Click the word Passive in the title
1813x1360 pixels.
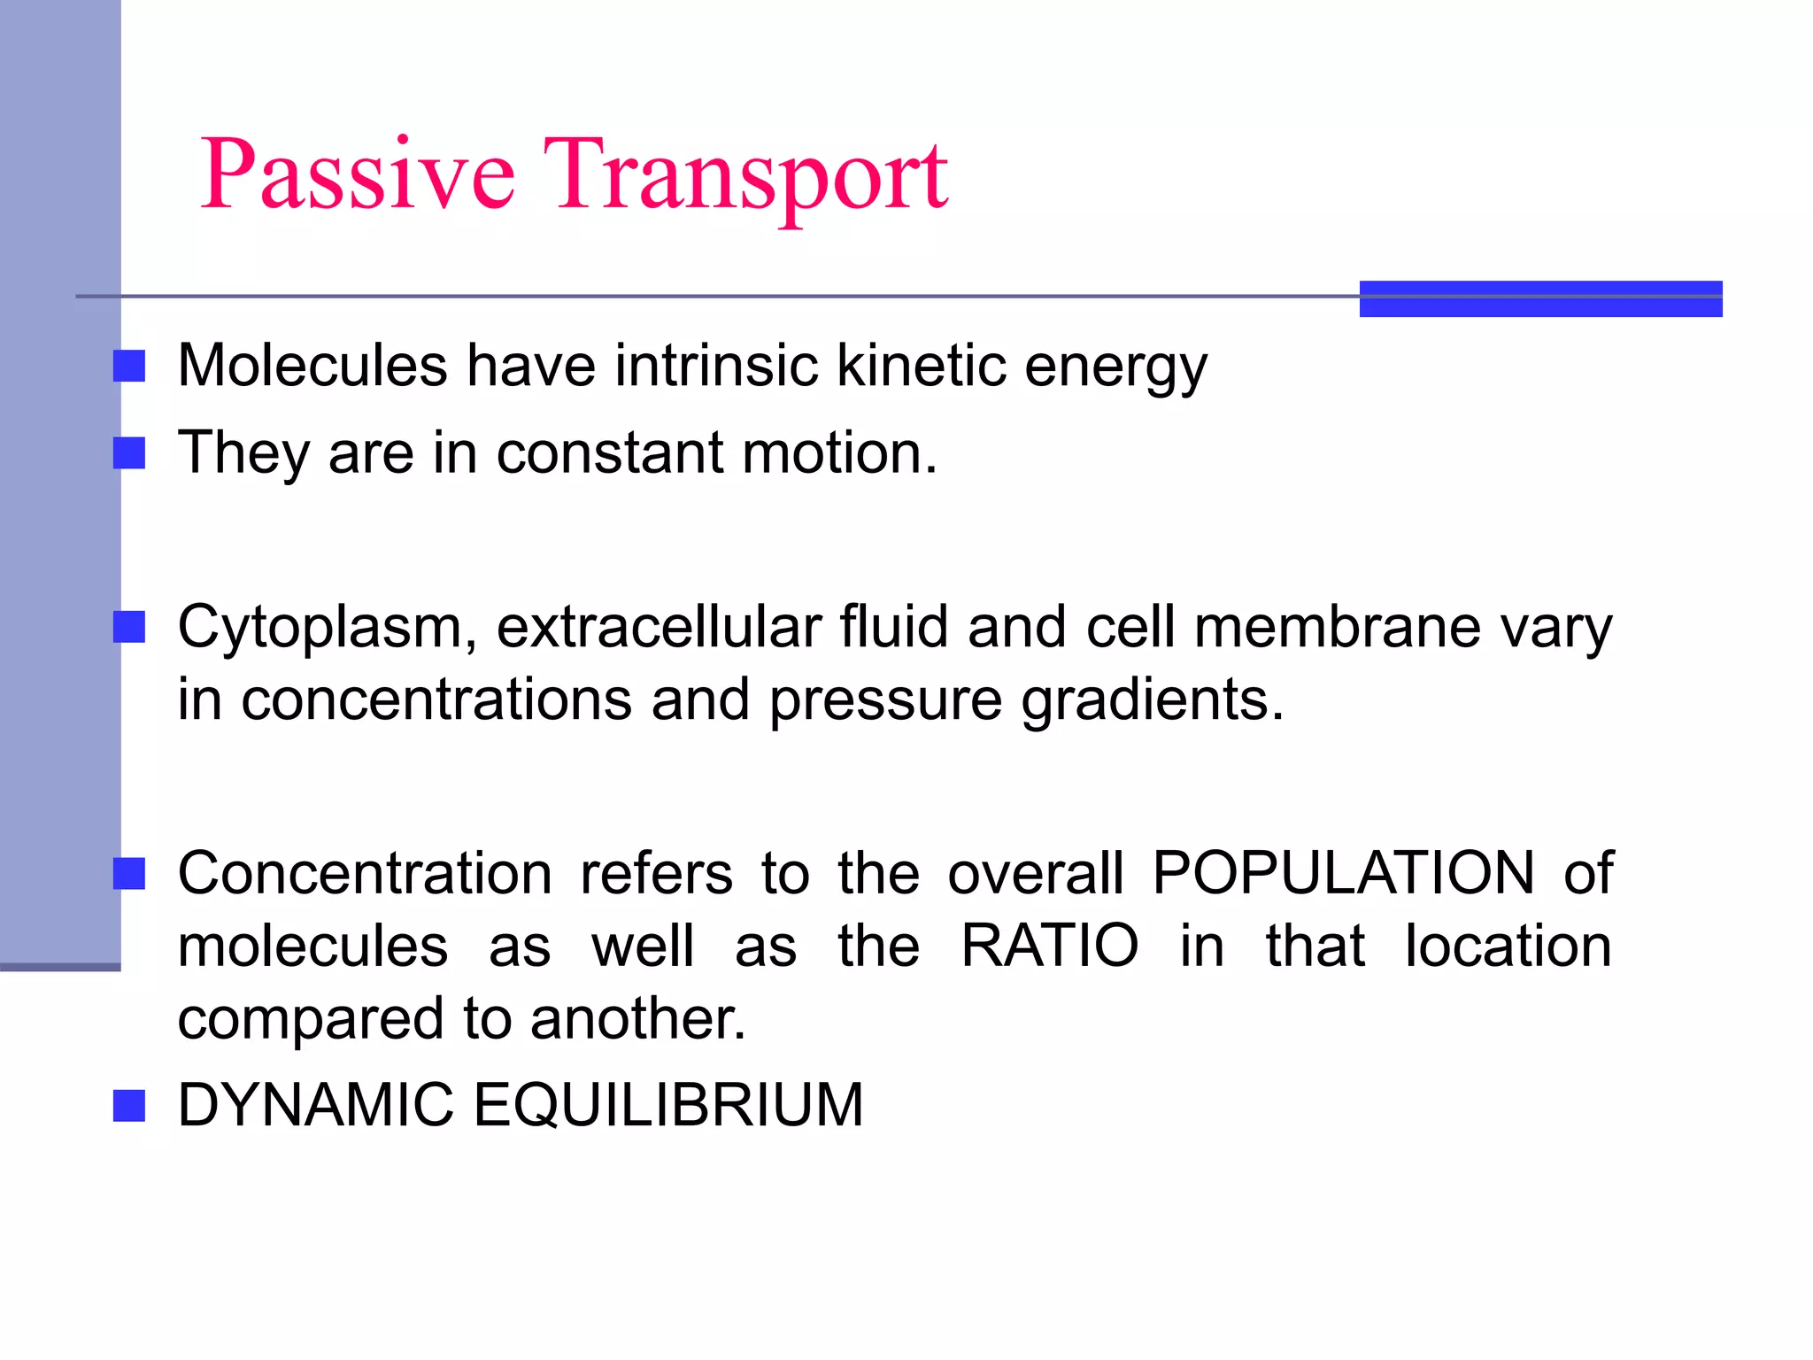358,174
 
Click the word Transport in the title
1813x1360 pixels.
745,174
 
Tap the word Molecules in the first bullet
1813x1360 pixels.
312,365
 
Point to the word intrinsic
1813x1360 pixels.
715,365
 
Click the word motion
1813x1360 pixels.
838,452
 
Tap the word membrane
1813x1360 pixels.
1337,627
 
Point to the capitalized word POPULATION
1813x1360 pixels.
1344,873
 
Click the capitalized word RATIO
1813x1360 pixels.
1050,946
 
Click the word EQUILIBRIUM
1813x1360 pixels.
668,1105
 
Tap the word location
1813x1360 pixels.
1508,946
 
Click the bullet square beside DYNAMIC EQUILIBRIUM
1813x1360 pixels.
129,1106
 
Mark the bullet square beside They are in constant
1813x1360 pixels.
129,453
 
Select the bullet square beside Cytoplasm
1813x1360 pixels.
129,628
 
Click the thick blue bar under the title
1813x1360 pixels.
1540,298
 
